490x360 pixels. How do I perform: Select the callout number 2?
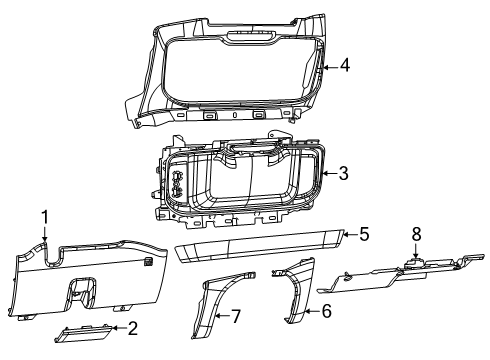[132, 327]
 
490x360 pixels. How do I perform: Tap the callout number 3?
[343, 173]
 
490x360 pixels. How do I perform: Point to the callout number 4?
[343, 66]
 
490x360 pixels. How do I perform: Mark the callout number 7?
[236, 317]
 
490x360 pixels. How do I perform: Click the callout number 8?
[417, 261]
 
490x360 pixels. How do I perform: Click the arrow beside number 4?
[329, 66]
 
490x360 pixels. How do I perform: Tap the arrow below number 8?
[417, 278]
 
